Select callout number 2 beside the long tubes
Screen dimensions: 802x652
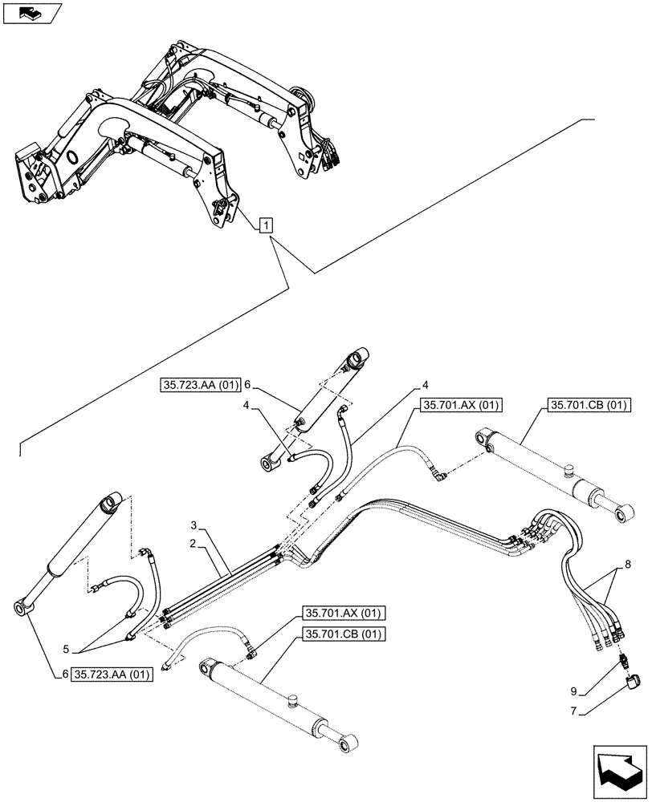tap(194, 544)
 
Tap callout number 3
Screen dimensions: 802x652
tap(194, 525)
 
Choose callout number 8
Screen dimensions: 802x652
tap(627, 565)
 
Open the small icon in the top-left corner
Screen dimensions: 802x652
tap(30, 12)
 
